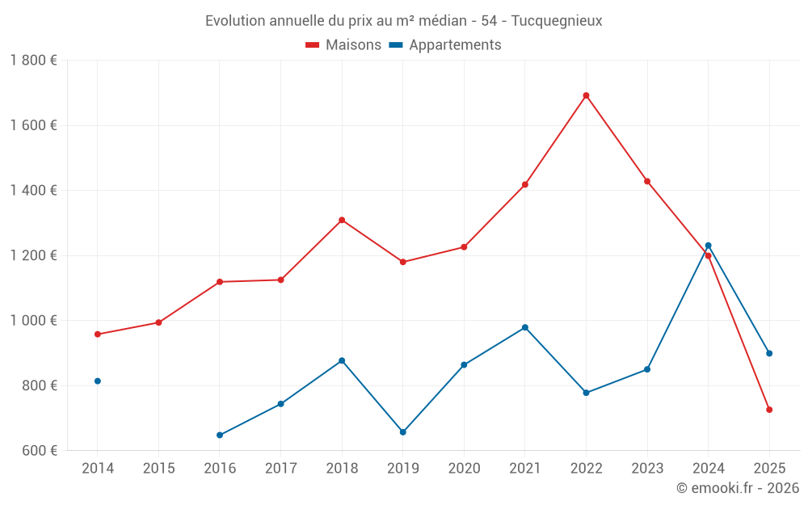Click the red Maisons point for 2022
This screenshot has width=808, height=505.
[586, 95]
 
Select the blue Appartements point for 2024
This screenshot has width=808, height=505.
[708, 246]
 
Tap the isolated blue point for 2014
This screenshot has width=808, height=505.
[98, 381]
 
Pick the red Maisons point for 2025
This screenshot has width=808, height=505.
[769, 410]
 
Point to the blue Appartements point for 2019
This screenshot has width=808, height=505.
[403, 432]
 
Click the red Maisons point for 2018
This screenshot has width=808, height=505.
[342, 220]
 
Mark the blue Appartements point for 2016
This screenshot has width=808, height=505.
[220, 435]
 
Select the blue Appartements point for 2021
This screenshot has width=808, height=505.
[525, 327]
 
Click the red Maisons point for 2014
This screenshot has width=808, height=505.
[98, 334]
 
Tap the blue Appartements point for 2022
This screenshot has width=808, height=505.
[586, 393]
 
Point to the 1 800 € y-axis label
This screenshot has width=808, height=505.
[33, 61]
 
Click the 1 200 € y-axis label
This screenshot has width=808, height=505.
[33, 255]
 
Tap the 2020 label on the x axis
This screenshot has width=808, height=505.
[464, 469]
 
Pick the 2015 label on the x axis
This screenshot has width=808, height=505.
[158, 469]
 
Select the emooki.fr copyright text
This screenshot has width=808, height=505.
[737, 488]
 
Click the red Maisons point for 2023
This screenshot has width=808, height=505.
[647, 181]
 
